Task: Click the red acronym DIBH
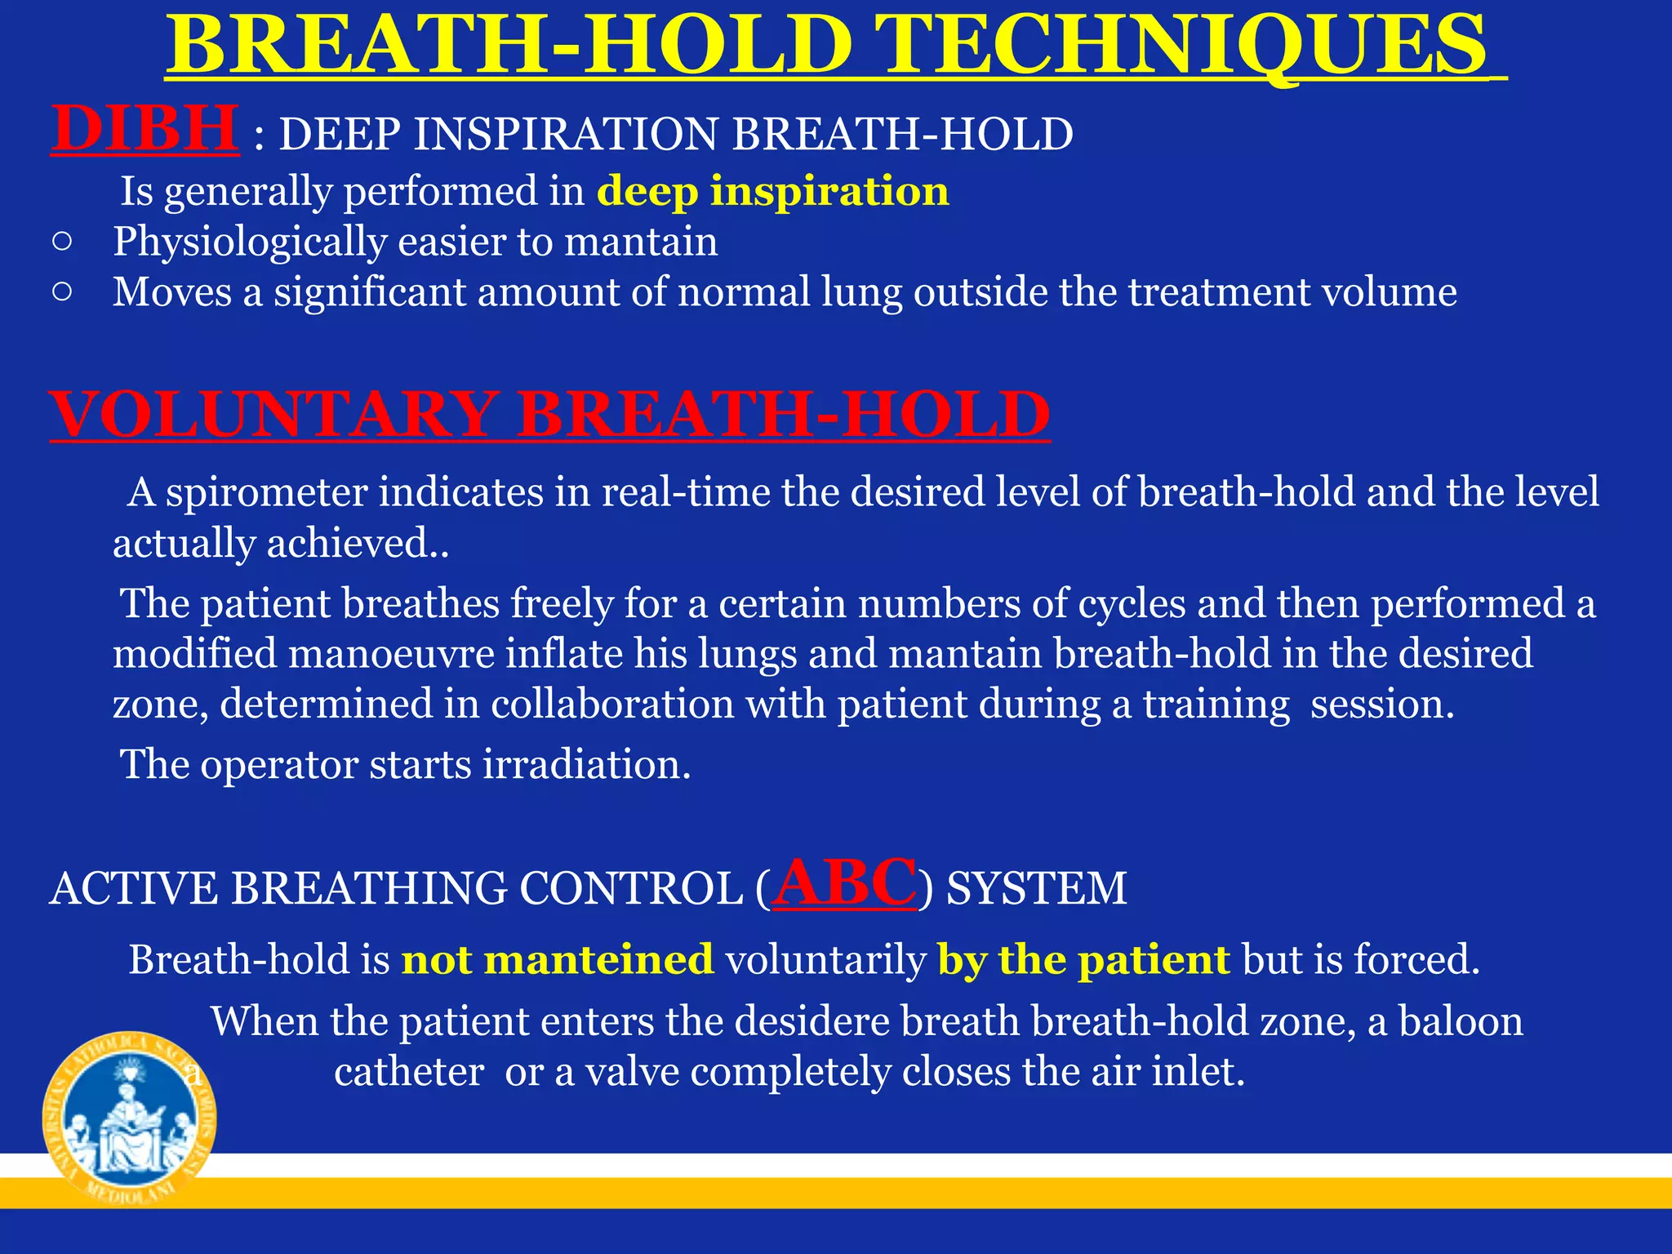(x=145, y=129)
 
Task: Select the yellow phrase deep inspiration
(x=772, y=192)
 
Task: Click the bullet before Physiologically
(x=62, y=242)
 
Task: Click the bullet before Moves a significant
(x=62, y=291)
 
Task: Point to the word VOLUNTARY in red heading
(x=274, y=415)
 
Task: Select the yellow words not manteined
(x=557, y=959)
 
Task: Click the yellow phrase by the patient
(x=1083, y=959)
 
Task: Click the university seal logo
(x=129, y=1117)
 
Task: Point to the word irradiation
(x=585, y=765)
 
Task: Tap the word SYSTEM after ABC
(x=1036, y=888)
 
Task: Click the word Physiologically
(x=249, y=242)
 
